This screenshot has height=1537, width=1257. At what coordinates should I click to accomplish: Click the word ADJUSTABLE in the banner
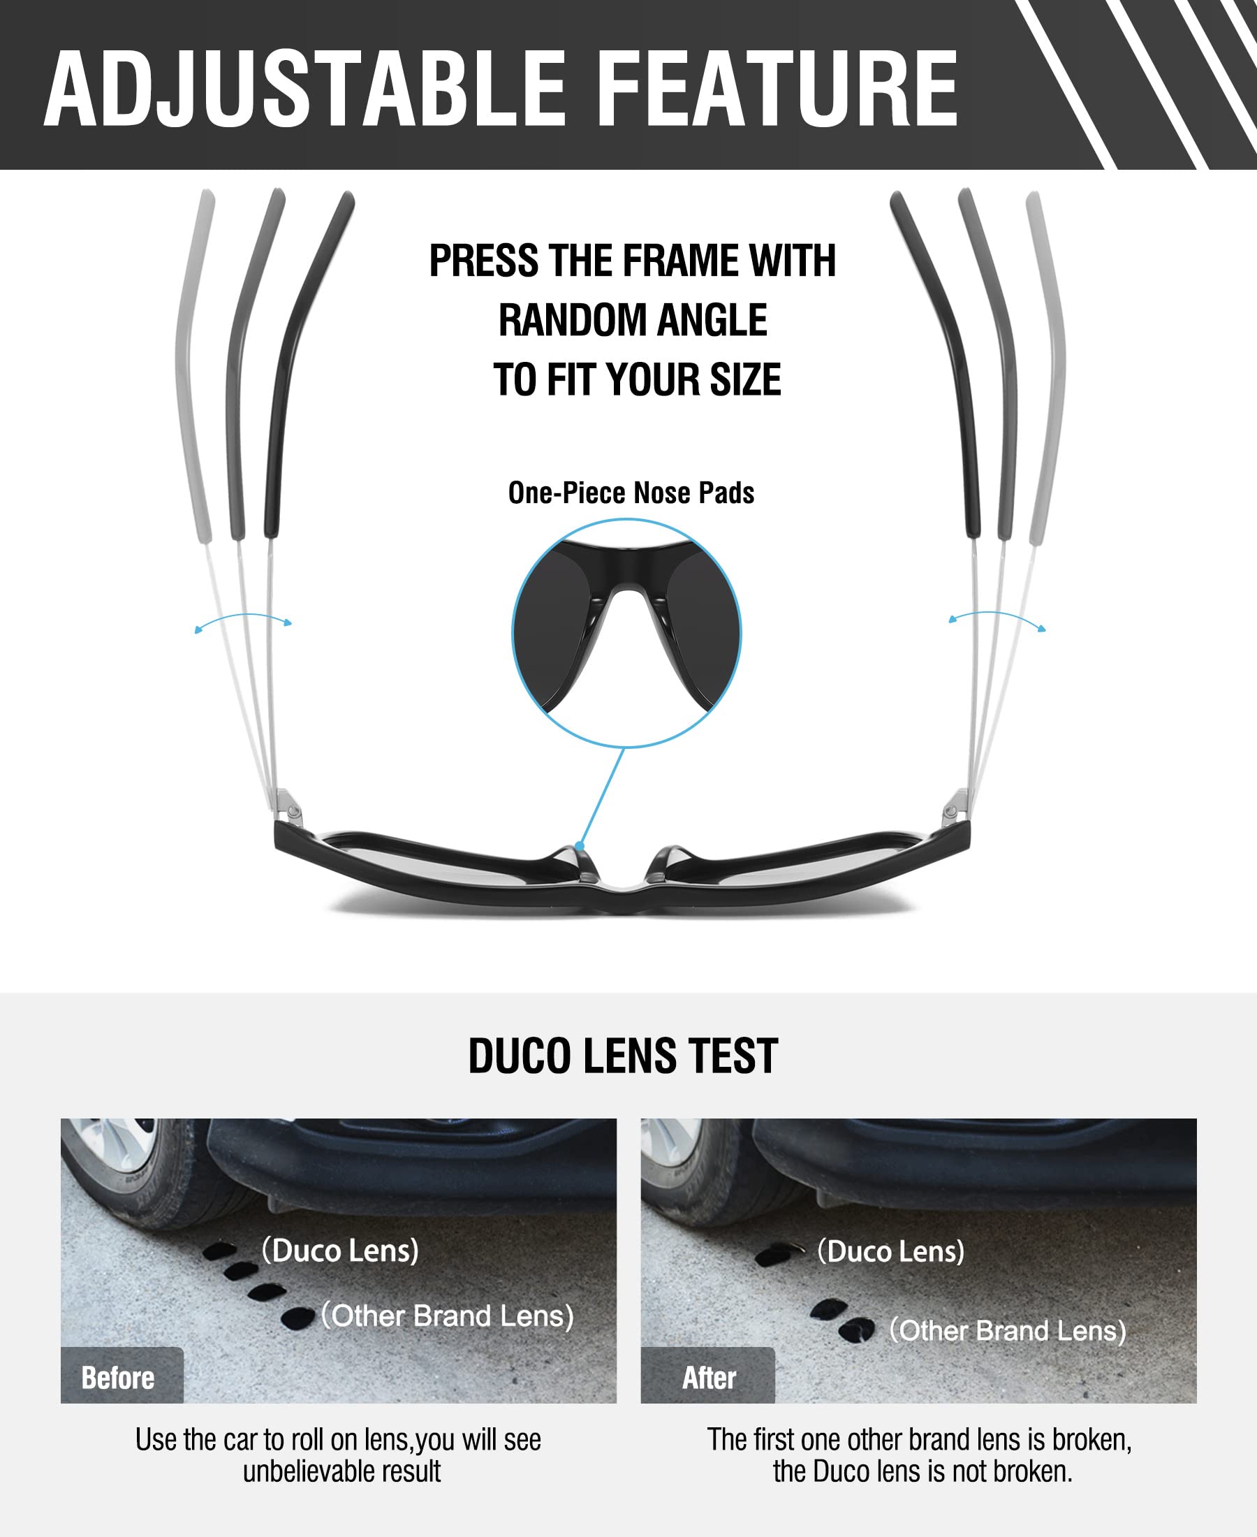click(x=304, y=90)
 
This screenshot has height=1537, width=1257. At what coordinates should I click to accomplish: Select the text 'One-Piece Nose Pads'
click(x=631, y=493)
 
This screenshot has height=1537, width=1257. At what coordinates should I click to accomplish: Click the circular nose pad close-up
click(x=626, y=633)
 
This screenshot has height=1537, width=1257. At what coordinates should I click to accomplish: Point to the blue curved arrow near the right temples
click(x=997, y=618)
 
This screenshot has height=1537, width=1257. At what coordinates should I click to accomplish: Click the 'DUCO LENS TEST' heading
click(x=623, y=1056)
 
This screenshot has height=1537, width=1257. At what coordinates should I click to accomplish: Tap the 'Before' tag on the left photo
click(x=118, y=1377)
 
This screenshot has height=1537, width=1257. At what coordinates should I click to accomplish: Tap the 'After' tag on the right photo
click(x=709, y=1377)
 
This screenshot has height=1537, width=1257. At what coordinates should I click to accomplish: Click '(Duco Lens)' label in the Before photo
click(x=340, y=1250)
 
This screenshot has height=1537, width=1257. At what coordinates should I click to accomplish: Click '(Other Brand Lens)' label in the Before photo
click(x=448, y=1316)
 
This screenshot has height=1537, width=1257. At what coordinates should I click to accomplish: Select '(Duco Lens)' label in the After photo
click(x=890, y=1251)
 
